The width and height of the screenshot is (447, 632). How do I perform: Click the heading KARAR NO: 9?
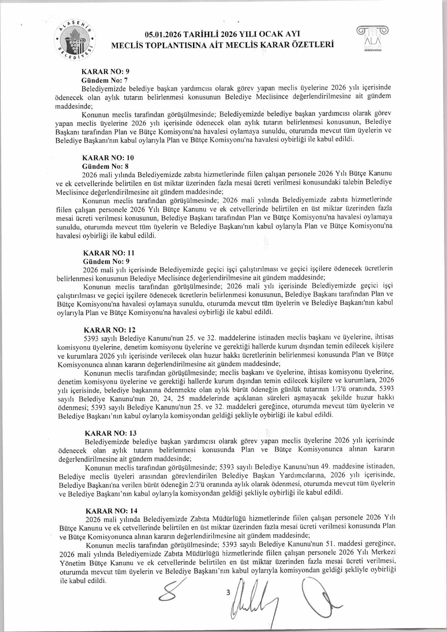coord(106,71)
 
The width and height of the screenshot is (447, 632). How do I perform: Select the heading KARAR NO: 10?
coord(108,157)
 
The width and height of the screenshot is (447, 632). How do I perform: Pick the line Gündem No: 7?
coord(104,80)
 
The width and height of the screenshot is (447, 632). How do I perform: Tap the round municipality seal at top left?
coord(76,41)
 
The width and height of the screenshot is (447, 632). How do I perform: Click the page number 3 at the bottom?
coord(228,592)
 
